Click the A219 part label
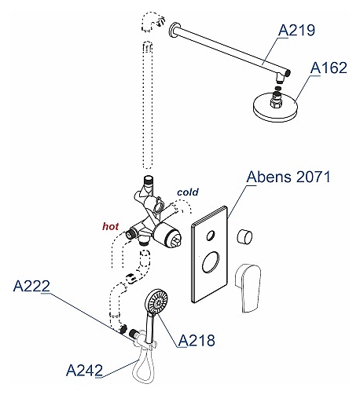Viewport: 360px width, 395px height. click(x=296, y=30)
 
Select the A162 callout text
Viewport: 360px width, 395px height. click(x=329, y=68)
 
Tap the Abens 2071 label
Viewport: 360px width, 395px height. click(x=288, y=177)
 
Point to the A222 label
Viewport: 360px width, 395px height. click(x=31, y=286)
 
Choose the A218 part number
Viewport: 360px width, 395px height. click(x=197, y=341)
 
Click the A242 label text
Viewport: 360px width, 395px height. click(x=84, y=371)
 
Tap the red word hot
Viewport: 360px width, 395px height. click(x=110, y=226)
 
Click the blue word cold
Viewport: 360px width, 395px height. click(x=188, y=192)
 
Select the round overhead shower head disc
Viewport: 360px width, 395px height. click(x=275, y=108)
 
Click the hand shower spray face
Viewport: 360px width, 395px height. click(x=157, y=302)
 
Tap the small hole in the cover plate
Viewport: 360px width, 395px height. click(x=210, y=236)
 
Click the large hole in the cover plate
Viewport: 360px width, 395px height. click(x=211, y=262)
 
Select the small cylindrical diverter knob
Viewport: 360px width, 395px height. click(x=244, y=236)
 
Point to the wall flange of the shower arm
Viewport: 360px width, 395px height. click(x=173, y=31)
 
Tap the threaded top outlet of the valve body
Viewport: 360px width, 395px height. click(x=148, y=181)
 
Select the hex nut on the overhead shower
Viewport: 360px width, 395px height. click(x=276, y=101)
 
